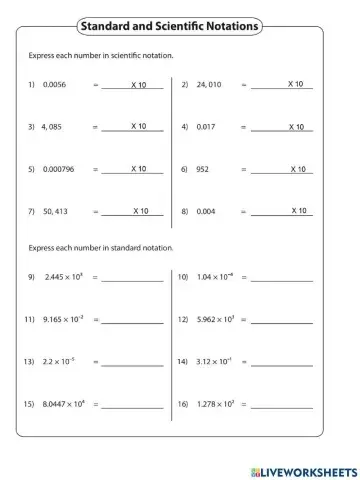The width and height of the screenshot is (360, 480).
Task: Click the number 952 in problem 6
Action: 204,170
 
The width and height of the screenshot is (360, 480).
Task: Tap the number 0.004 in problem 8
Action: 207,212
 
